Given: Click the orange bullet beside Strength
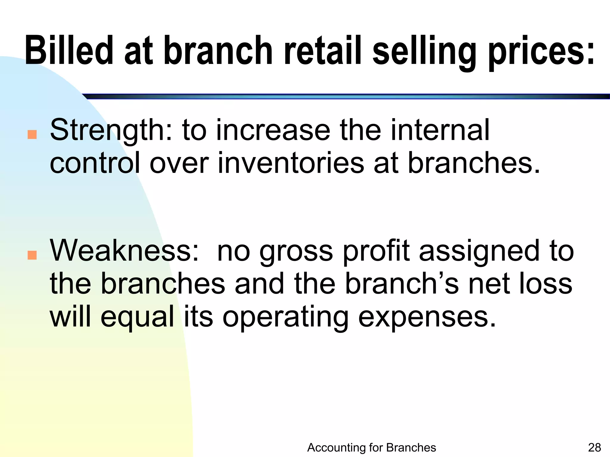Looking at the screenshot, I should point(32,134).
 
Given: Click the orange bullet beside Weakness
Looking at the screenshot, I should point(32,255).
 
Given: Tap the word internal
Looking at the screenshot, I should point(440,130).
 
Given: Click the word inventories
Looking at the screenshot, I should point(291,163).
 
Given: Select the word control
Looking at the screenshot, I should point(95,163).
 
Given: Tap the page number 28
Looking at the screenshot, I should point(595,447).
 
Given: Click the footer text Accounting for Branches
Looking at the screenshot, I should point(371,447).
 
